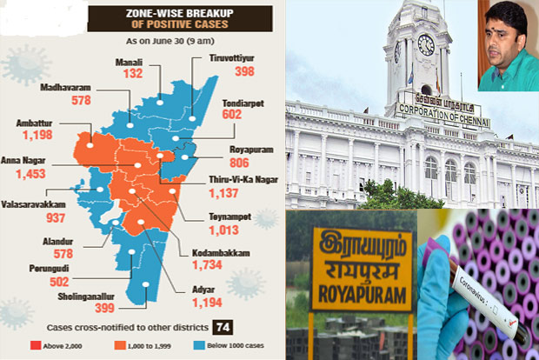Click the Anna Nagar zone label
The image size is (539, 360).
pos(29,158)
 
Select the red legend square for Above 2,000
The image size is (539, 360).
pos(32,346)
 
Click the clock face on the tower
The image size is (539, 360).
pos(426,44)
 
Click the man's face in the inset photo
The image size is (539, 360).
pos(505,46)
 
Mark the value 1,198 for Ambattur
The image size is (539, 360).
pos(32,137)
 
